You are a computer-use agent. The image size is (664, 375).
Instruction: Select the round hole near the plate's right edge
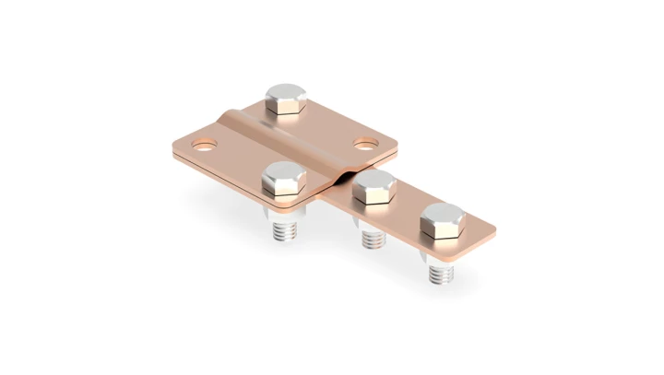[367, 144]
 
